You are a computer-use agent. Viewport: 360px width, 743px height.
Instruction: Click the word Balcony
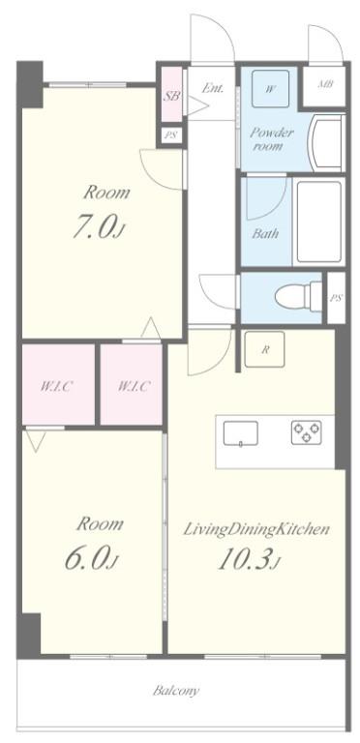[176, 691]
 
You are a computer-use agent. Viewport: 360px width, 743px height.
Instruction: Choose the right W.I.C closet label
[133, 387]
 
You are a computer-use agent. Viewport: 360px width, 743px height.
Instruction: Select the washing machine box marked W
[271, 90]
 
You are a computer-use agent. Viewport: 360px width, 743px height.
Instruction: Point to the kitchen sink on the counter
[240, 434]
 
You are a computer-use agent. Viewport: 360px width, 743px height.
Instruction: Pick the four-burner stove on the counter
[307, 432]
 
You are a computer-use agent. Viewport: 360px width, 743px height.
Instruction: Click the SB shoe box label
[172, 96]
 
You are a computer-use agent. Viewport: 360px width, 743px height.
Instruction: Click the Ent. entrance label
[213, 88]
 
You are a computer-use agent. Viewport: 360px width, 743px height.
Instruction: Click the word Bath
[264, 233]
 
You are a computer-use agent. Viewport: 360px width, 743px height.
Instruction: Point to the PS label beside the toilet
[336, 297]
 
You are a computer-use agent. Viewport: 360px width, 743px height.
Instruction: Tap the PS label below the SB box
[171, 135]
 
